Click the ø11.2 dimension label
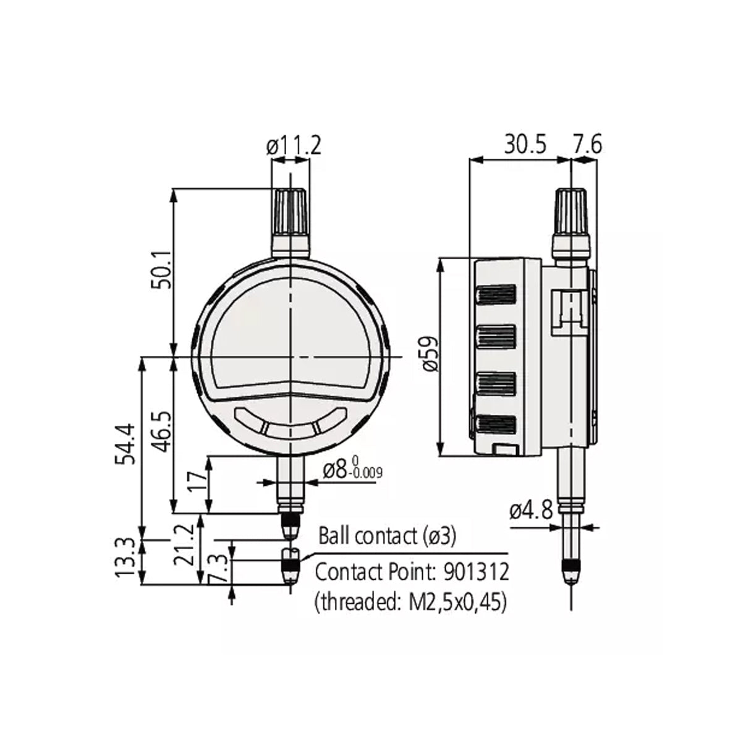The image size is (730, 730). pyautogui.click(x=294, y=146)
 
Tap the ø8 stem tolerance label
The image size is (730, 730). pyautogui.click(x=351, y=470)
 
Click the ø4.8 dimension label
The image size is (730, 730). pyautogui.click(x=530, y=511)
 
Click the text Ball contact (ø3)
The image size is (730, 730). pyautogui.click(x=387, y=536)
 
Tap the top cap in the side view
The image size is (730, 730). pyautogui.click(x=571, y=210)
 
